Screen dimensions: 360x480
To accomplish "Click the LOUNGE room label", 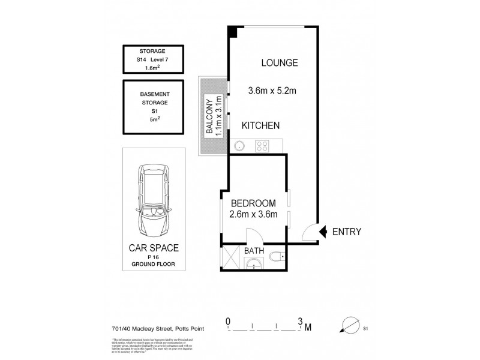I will pos(279,63).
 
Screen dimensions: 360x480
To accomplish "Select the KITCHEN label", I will pos(260,126).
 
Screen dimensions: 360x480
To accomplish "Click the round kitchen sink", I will pos(238,145).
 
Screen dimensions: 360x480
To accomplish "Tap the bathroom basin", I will pos(252,262).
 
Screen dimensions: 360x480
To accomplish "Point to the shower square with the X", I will pos(231,259).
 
